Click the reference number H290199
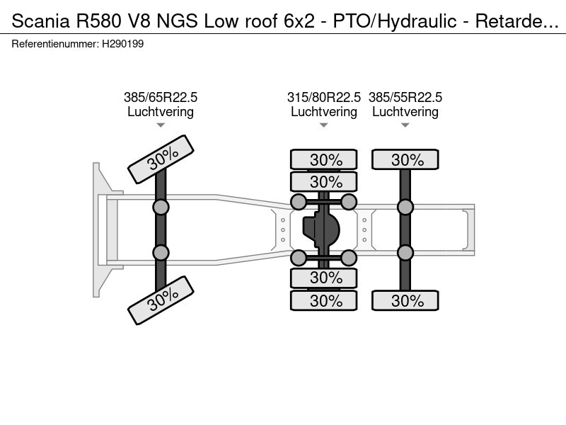[x=124, y=44]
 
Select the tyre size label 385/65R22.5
[x=161, y=97]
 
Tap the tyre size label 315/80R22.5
[x=324, y=97]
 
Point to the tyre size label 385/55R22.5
[x=405, y=97]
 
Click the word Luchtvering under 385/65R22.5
[x=161, y=112]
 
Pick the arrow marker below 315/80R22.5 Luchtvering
[x=324, y=125]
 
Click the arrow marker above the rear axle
[x=405, y=125]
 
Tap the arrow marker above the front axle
[x=161, y=125]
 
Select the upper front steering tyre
[x=161, y=160]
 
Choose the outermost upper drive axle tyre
[x=324, y=159]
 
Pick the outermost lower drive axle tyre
[x=324, y=301]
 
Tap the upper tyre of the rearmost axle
[x=405, y=159]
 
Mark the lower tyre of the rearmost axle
[x=405, y=301]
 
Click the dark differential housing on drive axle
[x=322, y=229]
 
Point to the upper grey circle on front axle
[x=161, y=207]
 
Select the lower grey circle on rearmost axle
[x=405, y=253]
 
